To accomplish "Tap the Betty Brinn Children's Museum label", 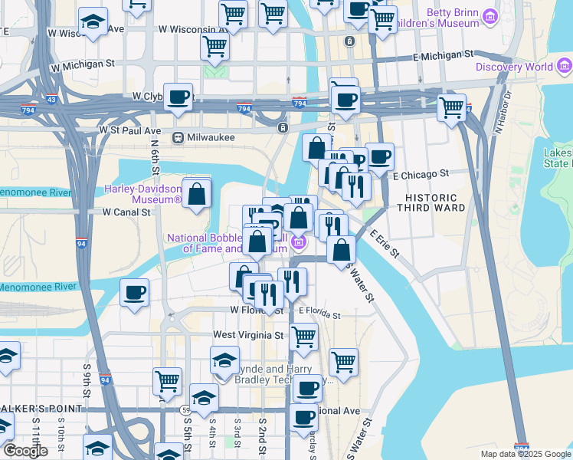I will (459, 18).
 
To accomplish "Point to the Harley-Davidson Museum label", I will (143, 195).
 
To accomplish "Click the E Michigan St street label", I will (454, 56).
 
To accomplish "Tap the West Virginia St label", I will (248, 335).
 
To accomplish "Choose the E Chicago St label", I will (418, 176).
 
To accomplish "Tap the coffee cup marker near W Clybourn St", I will (178, 97).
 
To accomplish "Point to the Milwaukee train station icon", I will (177, 138).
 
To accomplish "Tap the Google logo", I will (25, 451).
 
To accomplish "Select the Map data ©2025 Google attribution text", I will (525, 454).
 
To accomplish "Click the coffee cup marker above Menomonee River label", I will (135, 292).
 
